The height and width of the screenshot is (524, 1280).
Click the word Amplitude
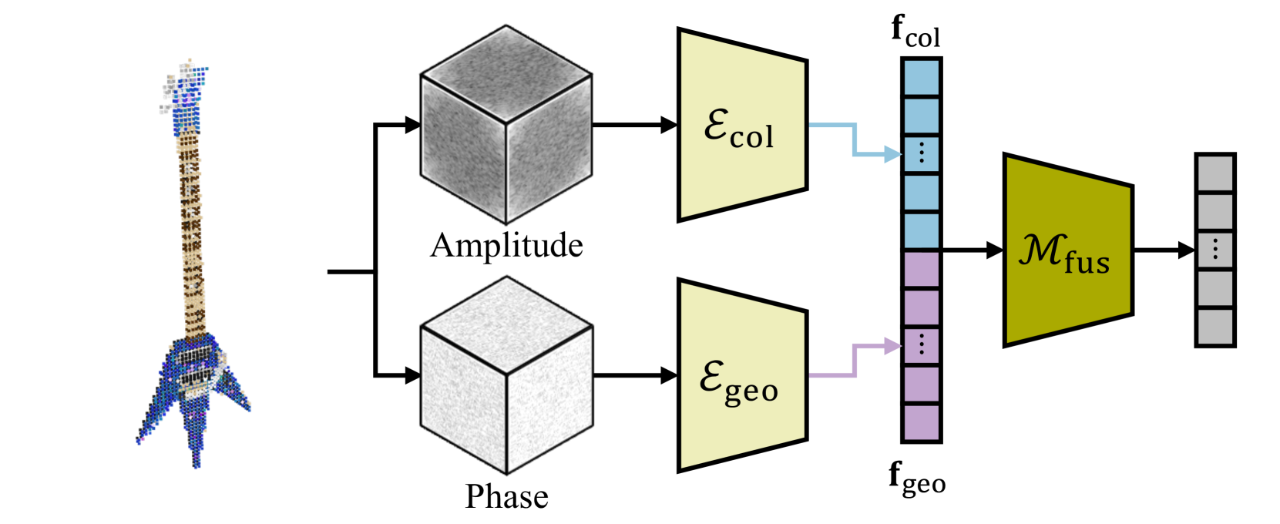point(506,246)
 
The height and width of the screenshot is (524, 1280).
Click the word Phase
point(506,496)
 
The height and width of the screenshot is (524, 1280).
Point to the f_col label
point(915,32)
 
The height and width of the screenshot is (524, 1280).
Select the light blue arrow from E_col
point(854,139)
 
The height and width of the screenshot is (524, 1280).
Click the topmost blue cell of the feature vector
point(921,78)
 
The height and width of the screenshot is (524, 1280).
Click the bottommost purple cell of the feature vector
point(921,422)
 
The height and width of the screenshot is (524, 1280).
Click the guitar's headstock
point(185,89)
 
